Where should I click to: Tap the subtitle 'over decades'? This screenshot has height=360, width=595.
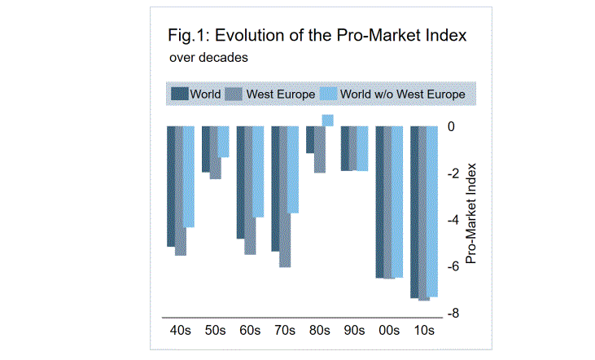[x=208, y=58]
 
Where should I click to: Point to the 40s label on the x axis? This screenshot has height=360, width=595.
[x=181, y=331]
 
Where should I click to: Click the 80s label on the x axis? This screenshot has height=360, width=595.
[x=319, y=331]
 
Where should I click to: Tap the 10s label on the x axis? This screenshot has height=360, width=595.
[x=423, y=331]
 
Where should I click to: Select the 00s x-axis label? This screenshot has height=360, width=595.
[x=388, y=331]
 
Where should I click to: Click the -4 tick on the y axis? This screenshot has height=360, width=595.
[x=453, y=220]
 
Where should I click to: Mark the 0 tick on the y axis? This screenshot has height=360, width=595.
[x=451, y=127]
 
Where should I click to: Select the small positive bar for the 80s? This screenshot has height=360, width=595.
[x=327, y=121]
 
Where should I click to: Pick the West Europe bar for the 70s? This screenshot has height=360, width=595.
[x=285, y=196]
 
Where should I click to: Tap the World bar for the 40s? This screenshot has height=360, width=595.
[x=171, y=187]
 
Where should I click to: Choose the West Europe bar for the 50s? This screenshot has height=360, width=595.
[x=216, y=152]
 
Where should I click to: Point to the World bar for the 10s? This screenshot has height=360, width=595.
[x=414, y=213]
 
